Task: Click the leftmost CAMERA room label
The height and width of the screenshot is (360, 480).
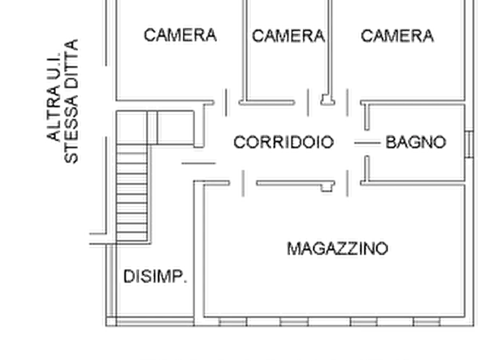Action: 180,35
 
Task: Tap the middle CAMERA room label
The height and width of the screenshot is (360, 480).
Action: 288,36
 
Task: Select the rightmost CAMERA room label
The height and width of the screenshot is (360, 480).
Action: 397,36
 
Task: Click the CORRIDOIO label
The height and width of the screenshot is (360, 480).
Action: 283,142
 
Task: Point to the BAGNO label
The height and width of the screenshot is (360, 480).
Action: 415,142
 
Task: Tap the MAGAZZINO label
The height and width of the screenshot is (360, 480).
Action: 338,248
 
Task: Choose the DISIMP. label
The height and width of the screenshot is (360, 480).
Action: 155,277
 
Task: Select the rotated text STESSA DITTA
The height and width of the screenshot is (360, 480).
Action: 71,102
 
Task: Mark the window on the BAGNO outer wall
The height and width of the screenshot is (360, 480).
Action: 469,144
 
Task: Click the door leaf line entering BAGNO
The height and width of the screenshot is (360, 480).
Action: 367,143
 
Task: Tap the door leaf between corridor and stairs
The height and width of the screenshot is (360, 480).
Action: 199,163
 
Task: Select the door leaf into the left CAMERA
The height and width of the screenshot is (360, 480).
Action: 226,103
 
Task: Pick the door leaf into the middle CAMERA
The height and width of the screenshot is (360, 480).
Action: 308,103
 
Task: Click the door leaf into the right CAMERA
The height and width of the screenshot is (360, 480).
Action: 347,103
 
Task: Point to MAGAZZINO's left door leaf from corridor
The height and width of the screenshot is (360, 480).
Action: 243,183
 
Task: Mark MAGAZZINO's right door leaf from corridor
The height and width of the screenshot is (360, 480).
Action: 347,183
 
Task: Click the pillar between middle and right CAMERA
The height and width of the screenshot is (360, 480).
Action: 327,100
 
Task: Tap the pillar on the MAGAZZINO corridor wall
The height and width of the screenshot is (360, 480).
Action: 327,186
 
